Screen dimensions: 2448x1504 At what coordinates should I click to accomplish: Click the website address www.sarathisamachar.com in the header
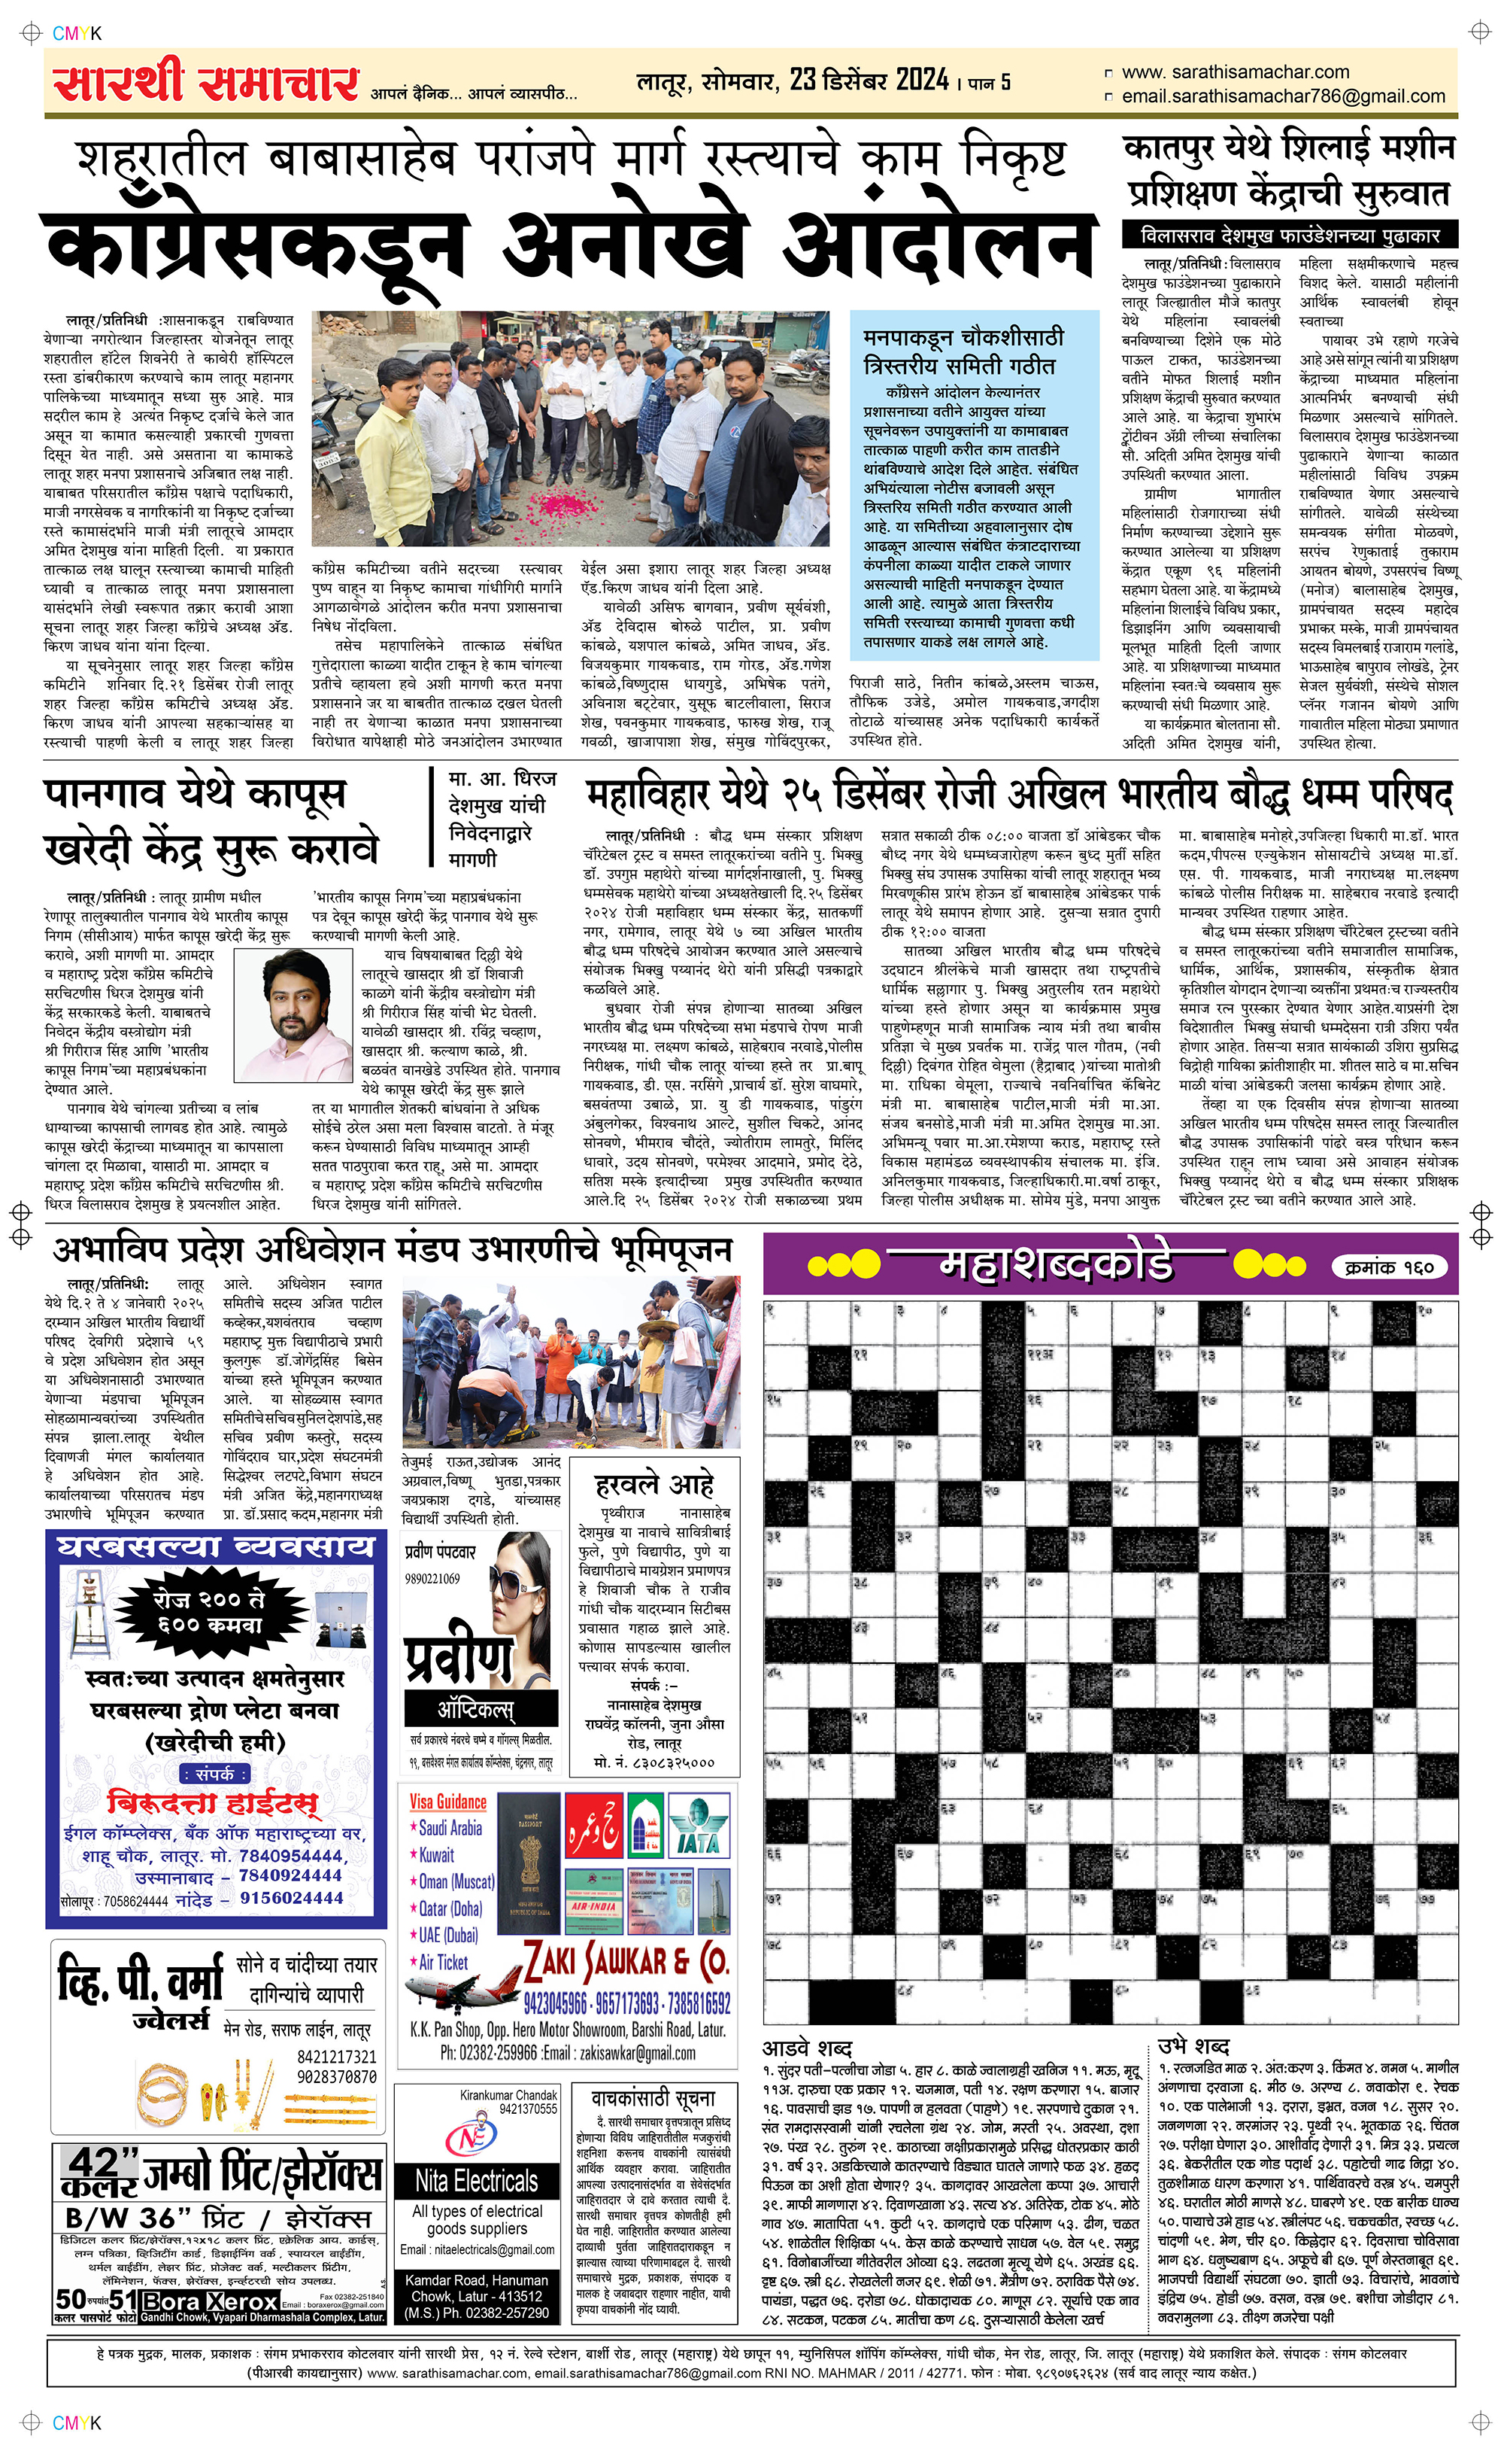point(1235,71)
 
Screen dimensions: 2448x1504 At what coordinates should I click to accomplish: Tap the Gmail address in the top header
point(1282,96)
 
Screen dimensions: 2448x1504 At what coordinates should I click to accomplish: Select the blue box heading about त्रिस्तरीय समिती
point(962,352)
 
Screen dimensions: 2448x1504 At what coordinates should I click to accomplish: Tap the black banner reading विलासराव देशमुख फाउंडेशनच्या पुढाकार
point(1290,236)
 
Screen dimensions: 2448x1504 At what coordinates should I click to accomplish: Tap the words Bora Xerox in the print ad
point(209,2302)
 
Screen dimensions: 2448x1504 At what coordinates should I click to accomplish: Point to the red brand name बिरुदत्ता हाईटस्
point(213,1803)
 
